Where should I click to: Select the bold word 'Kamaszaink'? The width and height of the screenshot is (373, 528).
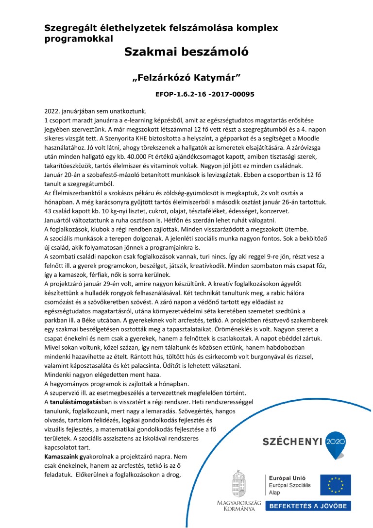(62, 458)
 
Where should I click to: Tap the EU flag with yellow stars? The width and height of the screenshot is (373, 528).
(332, 485)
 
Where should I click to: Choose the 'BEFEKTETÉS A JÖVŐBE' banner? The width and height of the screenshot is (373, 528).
(308, 506)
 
